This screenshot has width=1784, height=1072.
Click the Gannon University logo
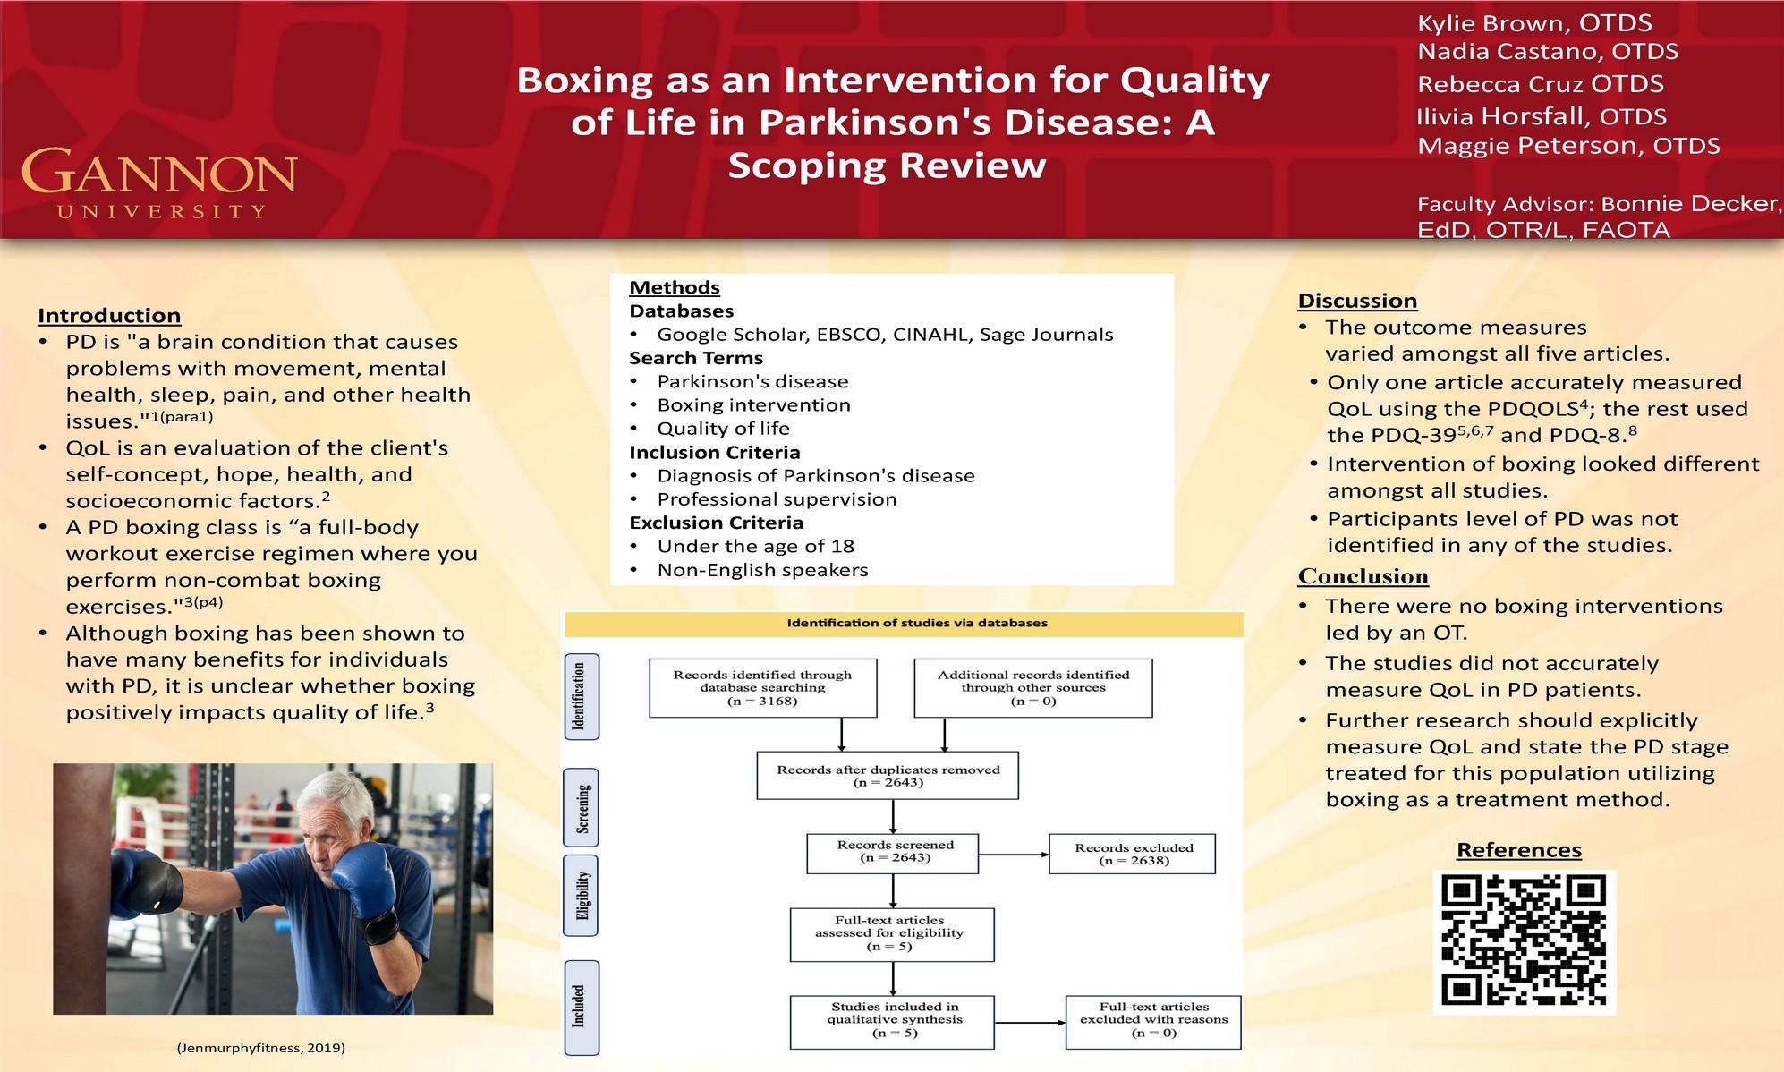(159, 183)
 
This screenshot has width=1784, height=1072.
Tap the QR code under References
(1525, 941)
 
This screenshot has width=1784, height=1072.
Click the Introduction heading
(109, 316)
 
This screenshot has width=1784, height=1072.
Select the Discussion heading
(1357, 301)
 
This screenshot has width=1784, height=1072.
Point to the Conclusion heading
(1363, 576)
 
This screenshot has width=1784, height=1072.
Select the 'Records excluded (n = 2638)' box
(1133, 854)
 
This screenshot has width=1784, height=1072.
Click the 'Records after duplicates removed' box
(887, 775)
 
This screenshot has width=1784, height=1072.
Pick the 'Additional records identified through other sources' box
(1032, 687)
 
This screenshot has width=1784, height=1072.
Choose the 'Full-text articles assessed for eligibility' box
(891, 933)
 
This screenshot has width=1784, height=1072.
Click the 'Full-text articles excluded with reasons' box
(1152, 1020)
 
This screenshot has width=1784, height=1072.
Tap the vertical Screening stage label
(582, 807)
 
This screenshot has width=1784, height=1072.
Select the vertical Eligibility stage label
(582, 895)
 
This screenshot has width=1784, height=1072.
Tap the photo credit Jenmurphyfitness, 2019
(260, 1047)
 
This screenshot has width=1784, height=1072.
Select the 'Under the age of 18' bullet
(755, 547)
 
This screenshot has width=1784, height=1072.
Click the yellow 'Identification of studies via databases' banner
(904, 624)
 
